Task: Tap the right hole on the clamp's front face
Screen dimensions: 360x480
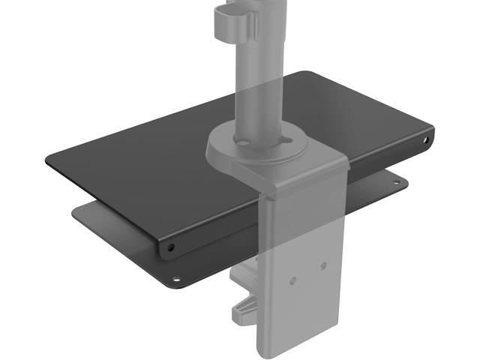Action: (x=323, y=265)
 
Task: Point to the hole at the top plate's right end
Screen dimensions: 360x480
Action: (x=425, y=139)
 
